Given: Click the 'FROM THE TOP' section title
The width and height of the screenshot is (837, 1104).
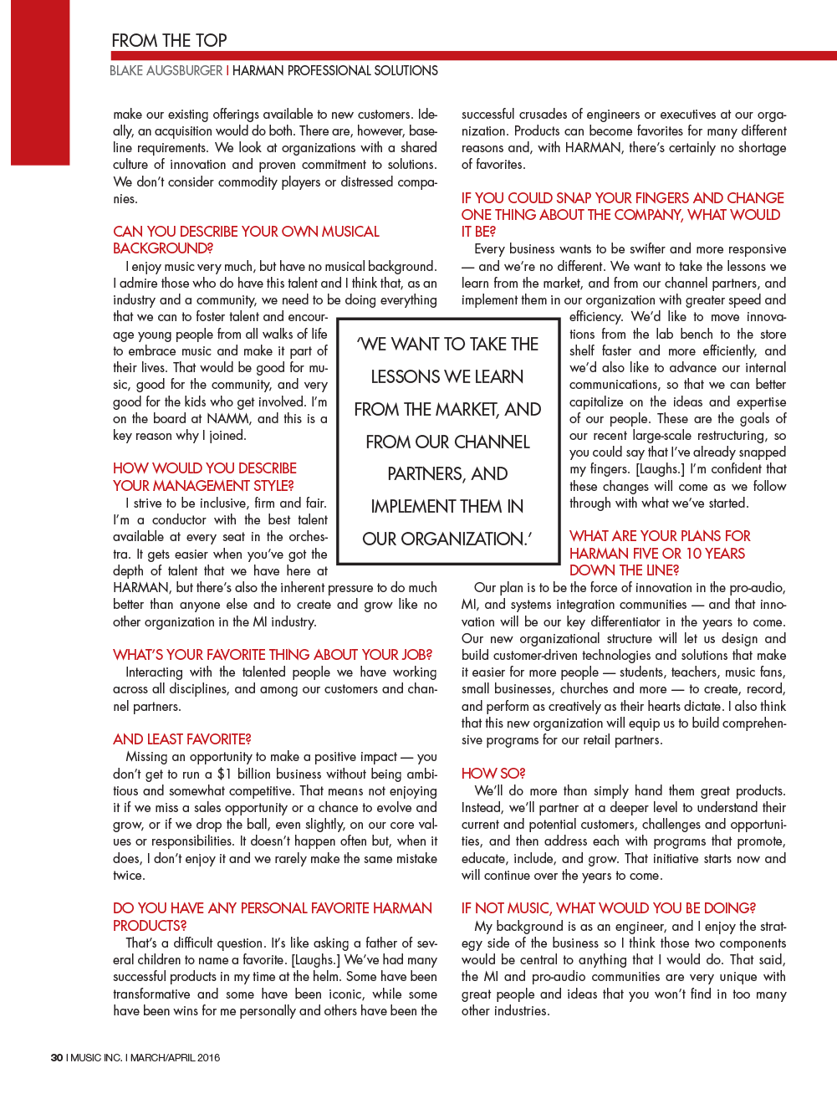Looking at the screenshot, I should coord(169,40).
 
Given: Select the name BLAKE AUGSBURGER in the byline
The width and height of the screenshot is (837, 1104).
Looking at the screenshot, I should coord(166,71).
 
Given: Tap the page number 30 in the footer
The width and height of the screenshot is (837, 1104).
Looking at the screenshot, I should coord(56,1057).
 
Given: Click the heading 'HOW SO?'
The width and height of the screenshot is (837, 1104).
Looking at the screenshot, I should coord(493,774).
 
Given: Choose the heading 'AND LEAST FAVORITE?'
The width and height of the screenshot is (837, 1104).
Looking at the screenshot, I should coord(182,739).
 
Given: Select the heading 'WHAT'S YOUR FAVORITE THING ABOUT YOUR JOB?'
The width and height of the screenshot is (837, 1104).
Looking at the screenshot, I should coord(273,655).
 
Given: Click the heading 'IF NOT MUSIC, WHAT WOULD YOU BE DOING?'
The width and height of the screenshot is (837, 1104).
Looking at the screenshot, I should coord(608,908).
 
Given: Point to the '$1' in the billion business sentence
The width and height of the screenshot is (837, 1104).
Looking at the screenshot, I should coord(224,774).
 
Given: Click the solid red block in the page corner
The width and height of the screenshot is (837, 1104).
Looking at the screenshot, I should coord(39,82).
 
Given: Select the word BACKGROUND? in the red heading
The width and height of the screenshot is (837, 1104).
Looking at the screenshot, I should coord(163,248).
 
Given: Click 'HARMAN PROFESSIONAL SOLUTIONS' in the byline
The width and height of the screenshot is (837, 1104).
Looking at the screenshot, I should coord(335,71).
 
